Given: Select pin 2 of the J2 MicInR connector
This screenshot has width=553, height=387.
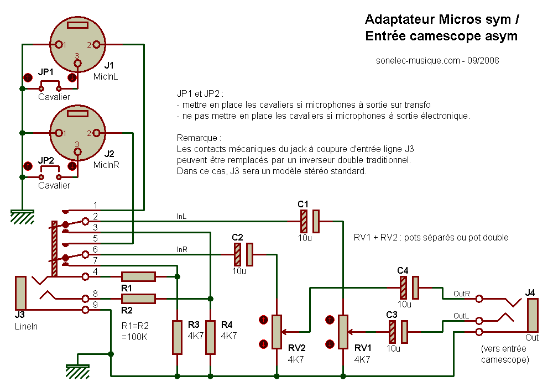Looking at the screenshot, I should [96, 133].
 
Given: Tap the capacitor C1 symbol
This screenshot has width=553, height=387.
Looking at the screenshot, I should [309, 221].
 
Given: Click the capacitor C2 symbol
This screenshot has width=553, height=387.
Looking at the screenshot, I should [243, 254].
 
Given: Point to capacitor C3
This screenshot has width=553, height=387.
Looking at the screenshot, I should [398, 332].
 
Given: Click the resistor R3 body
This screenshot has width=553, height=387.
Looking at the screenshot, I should [177, 337].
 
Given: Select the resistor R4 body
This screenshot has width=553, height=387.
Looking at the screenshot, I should [210, 337].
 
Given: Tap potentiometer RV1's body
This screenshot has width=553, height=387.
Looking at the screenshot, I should [343, 332].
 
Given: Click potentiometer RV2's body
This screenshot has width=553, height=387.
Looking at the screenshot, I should [276, 332].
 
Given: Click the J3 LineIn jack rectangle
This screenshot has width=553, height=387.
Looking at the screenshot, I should [20, 292].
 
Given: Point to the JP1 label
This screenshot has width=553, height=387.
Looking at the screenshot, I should [46, 72].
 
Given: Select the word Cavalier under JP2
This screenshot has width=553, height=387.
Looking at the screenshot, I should [54, 185].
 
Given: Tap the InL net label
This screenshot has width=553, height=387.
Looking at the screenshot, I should [181, 217].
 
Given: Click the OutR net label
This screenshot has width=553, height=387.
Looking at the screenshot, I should [461, 293].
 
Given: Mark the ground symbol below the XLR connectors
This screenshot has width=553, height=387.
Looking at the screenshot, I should [22, 217].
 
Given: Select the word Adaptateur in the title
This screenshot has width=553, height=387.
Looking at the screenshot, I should [400, 20].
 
